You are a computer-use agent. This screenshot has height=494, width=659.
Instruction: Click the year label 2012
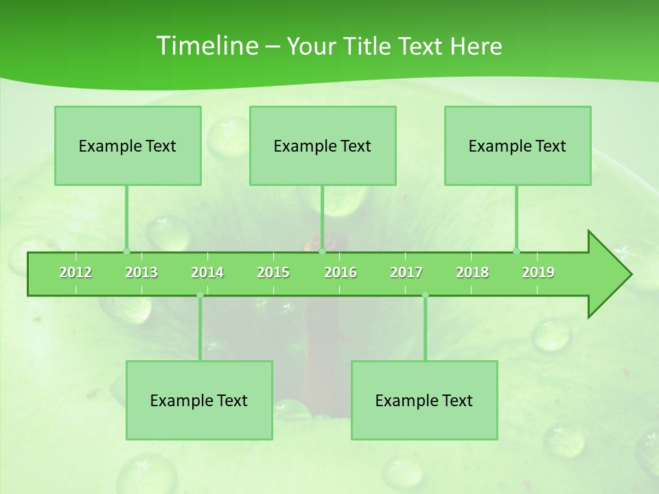coord(76,272)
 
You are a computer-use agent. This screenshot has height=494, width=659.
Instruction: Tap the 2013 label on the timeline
coord(141,272)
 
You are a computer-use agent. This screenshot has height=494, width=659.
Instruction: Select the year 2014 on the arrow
coord(207,272)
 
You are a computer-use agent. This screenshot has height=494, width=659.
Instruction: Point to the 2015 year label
coord(273,272)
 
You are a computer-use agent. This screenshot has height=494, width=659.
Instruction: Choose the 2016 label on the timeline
coord(340,272)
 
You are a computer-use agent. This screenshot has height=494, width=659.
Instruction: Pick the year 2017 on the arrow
coord(406,272)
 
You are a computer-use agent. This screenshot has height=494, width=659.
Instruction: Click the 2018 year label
coord(472,272)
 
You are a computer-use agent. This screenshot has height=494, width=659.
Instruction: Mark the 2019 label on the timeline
coord(538,272)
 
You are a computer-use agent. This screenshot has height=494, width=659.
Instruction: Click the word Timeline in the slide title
coord(206,46)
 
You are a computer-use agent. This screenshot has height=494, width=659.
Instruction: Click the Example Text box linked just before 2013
coord(128,145)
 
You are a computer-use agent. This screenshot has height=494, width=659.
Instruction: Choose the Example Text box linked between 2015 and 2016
coord(323,145)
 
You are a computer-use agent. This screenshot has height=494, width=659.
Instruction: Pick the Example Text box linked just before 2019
coord(518,145)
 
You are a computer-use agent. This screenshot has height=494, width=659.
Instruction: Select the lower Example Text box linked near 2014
coord(199,400)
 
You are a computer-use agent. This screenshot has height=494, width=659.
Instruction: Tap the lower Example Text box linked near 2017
coord(424,400)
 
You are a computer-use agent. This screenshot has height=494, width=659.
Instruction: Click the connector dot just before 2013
coord(126,251)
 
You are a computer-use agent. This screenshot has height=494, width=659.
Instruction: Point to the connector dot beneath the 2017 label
coord(425,295)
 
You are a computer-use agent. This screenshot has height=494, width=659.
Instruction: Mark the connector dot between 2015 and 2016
coord(322,251)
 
